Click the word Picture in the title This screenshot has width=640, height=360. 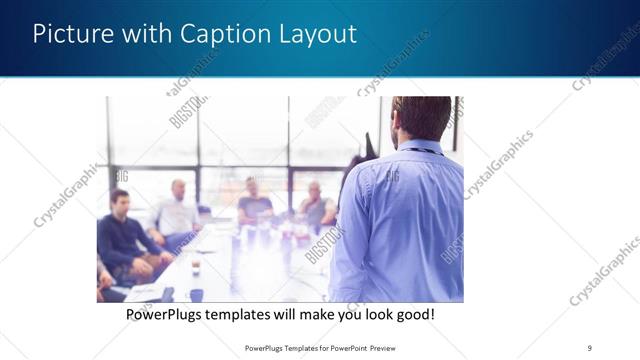click(x=70, y=34)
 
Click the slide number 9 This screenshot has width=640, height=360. click(x=590, y=347)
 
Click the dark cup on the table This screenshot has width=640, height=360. click(x=196, y=294)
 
